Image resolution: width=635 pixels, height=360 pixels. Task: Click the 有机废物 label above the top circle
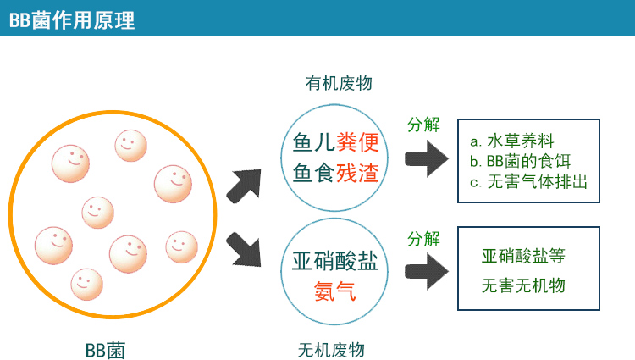[x=339, y=83]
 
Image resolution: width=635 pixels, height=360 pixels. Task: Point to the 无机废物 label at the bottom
[x=331, y=349]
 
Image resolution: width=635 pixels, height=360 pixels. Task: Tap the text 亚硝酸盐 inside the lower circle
[x=335, y=259]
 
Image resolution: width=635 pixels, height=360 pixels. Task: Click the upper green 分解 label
[x=423, y=125]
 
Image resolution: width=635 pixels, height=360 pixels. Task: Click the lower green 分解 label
[x=423, y=239]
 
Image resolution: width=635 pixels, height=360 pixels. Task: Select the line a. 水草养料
[x=512, y=140]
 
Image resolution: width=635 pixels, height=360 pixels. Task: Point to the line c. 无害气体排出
[x=528, y=180]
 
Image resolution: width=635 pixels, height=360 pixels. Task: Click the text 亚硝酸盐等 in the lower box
[x=522, y=255]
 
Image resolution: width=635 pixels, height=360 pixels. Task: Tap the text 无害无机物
[x=522, y=285]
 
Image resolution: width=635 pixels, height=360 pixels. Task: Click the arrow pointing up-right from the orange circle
[x=246, y=183]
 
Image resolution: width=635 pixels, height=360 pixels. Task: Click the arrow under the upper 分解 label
[x=427, y=158]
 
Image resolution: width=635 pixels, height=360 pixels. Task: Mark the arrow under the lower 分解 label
[x=427, y=271]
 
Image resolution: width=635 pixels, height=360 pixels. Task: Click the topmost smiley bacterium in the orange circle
[x=130, y=145]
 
